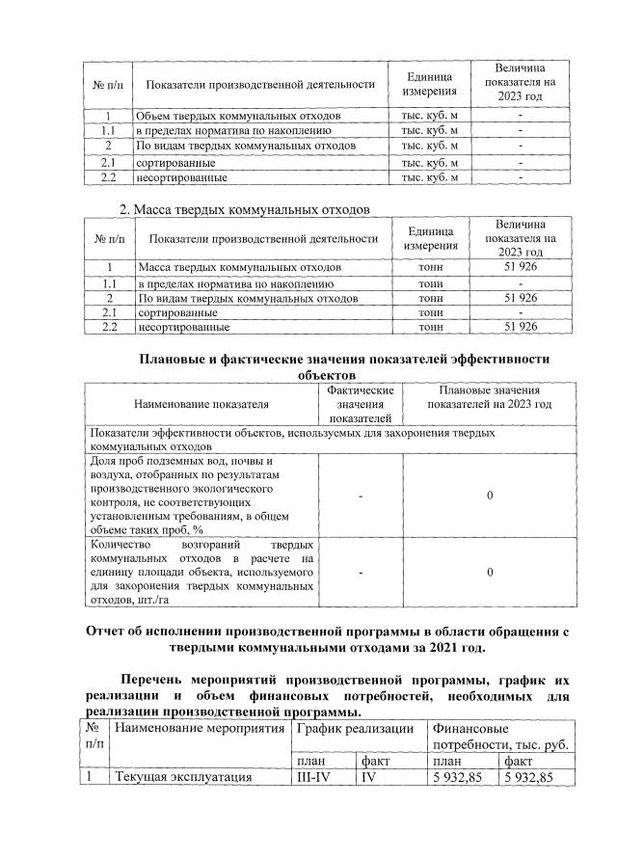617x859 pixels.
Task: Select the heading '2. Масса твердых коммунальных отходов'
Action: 244,210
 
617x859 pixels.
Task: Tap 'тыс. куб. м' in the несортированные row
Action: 428,177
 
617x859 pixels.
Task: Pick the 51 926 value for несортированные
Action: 521,328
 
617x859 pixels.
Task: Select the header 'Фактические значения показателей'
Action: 360,404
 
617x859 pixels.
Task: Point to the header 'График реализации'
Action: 356,729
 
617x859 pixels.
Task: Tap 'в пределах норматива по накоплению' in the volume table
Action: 234,130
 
